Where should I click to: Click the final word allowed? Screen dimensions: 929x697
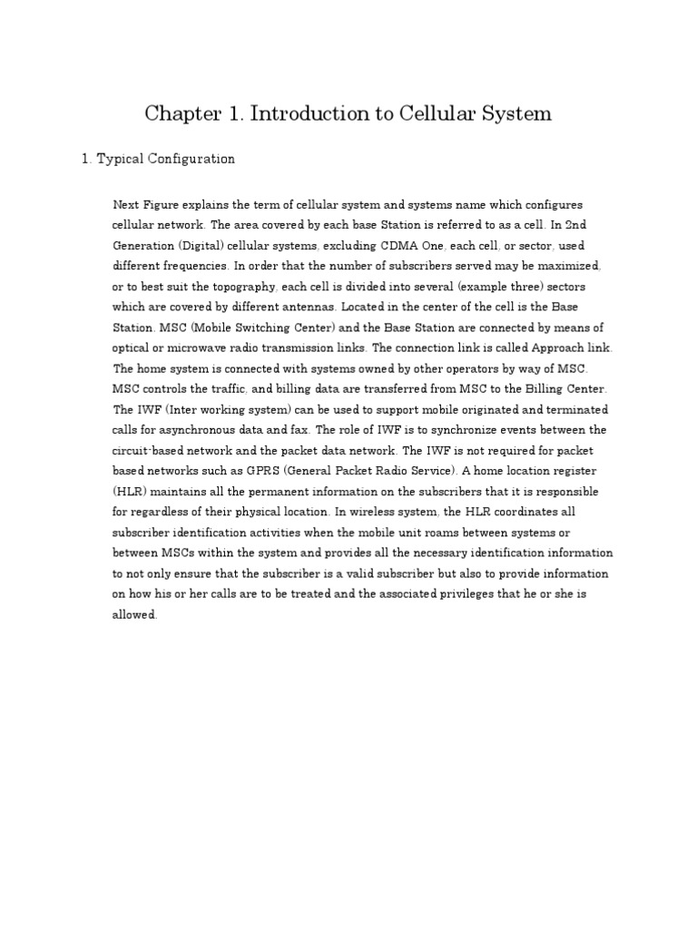point(134,614)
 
